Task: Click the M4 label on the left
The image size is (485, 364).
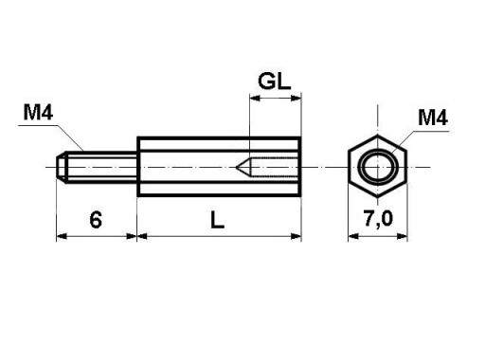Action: tap(38, 112)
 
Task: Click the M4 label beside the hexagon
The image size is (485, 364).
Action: tap(433, 118)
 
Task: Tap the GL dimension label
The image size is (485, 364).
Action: tap(275, 81)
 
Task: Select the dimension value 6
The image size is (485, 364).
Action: tap(96, 220)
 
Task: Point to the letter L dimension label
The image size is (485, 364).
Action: tap(217, 220)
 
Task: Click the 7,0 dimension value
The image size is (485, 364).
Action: tap(378, 218)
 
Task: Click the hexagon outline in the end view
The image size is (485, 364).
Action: tap(349, 167)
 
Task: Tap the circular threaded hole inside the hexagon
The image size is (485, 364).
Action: tap(363, 167)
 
